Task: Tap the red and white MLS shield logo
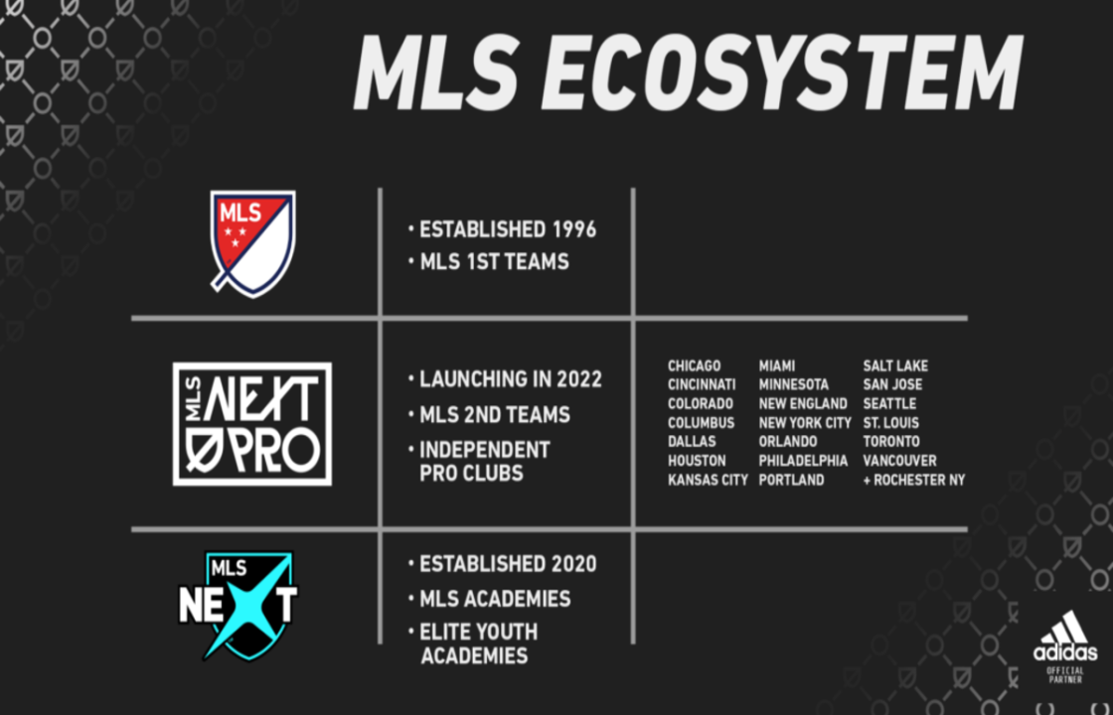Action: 252,243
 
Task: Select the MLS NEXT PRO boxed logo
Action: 252,424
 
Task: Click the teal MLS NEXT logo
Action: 238,606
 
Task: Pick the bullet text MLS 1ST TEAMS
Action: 494,262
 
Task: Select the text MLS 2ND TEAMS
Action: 495,414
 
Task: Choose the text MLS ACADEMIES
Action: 495,599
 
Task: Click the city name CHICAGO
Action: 695,366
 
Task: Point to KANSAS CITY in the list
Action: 708,481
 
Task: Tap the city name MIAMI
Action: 776,366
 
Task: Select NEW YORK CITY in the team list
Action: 805,423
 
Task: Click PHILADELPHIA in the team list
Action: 803,461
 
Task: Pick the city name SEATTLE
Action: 889,403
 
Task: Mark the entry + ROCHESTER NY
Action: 914,481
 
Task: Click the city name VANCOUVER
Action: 899,461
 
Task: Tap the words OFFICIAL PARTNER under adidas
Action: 1065,674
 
